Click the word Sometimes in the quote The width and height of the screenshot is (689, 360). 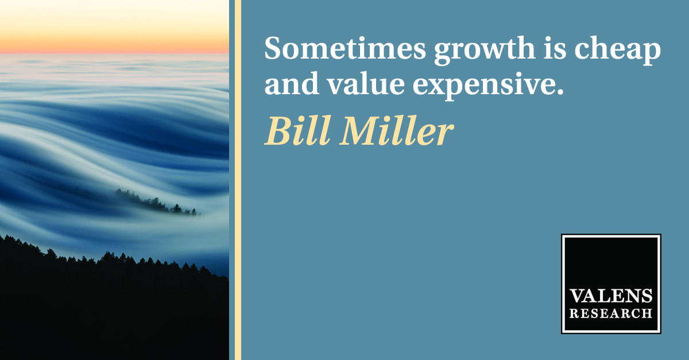(x=345, y=48)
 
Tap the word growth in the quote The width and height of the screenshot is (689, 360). (x=485, y=50)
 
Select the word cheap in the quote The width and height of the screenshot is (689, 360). (x=618, y=50)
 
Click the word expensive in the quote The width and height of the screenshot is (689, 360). (x=485, y=86)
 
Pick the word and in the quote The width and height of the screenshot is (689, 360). (x=292, y=83)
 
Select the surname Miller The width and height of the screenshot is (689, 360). (x=397, y=130)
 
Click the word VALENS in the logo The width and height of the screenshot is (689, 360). (x=611, y=296)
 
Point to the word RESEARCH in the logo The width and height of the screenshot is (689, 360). (x=611, y=313)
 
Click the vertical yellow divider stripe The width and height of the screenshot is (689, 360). (x=238, y=180)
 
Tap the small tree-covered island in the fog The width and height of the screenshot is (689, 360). (x=157, y=203)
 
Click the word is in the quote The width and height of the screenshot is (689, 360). (x=555, y=48)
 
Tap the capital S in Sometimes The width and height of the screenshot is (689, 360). (x=273, y=48)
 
